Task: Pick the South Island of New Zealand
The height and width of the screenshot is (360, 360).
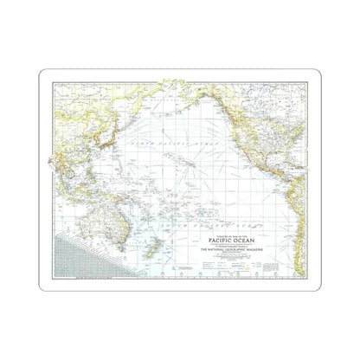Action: [154, 258]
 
